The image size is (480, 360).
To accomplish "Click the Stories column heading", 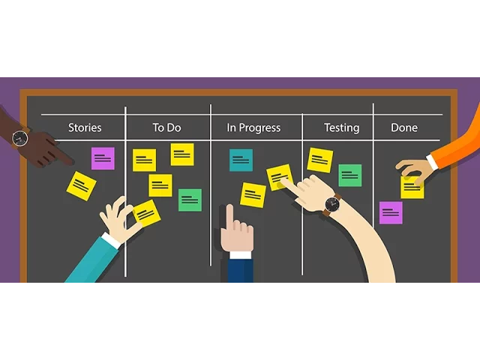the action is point(85,127).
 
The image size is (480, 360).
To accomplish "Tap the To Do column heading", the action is point(166,127).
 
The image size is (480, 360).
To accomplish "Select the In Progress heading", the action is point(253,127).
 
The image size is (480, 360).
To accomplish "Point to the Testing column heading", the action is point(341,127).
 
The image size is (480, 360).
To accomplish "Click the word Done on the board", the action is point(404,127).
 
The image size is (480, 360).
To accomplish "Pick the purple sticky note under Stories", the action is point(103,158).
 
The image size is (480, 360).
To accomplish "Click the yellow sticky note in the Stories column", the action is point(81,185).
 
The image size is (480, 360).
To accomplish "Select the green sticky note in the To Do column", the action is point(190,200).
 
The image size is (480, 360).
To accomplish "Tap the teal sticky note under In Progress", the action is point(241,160).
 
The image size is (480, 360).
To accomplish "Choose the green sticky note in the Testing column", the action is point(350,175).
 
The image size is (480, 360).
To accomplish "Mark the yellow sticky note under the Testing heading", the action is point(320,160).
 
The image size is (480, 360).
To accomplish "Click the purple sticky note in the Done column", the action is point(391,212).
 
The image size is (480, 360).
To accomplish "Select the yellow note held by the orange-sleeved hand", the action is point(412,187).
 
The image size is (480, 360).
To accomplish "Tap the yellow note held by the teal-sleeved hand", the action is point(146,212).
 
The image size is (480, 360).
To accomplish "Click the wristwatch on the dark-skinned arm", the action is point(20,138).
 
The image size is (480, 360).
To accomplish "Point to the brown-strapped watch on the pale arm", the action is point(331,204).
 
